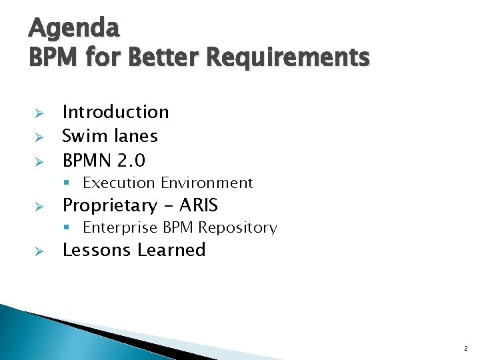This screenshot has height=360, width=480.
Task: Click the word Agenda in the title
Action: point(74,28)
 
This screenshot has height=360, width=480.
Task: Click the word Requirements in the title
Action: point(287,57)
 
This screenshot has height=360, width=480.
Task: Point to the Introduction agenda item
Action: point(115,112)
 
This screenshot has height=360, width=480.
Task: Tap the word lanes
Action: point(135,136)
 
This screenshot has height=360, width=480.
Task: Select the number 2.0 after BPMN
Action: point(131,161)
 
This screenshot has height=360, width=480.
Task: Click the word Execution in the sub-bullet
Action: point(119,183)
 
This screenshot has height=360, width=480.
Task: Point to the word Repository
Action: point(237,228)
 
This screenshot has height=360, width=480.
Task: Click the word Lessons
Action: point(97,250)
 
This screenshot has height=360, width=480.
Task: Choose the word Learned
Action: point(171,250)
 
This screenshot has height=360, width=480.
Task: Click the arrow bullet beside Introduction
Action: point(39,113)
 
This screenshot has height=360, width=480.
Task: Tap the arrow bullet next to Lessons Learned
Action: point(39,251)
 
